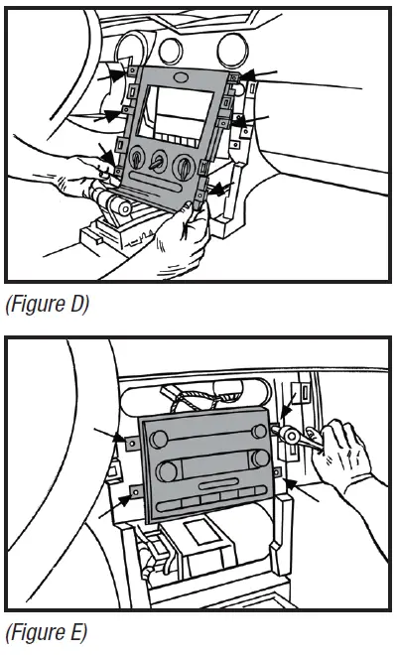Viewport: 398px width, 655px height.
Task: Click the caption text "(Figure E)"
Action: pos(47,631)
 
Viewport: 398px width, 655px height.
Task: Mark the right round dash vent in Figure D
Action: pos(234,47)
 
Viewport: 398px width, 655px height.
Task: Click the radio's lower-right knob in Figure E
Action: pos(261,459)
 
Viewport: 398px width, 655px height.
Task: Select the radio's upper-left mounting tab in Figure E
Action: pos(134,438)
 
